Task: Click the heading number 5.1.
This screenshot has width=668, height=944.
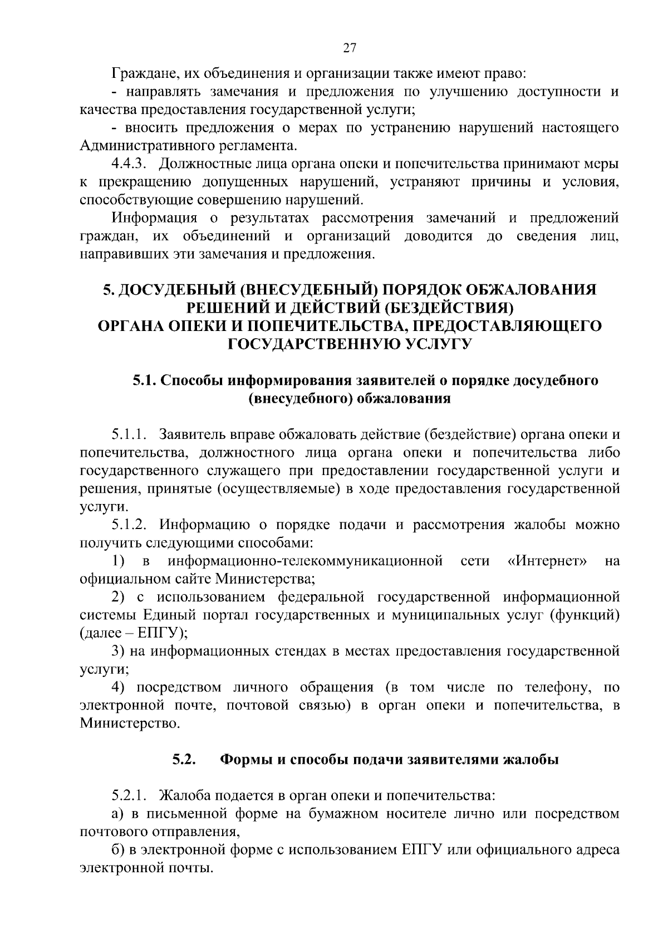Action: tap(144, 380)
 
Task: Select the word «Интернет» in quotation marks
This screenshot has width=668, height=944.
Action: tap(548, 561)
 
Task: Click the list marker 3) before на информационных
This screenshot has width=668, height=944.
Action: tap(117, 651)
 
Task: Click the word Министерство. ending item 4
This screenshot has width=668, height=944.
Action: tap(130, 724)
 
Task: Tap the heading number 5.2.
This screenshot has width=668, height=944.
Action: tap(183, 759)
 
